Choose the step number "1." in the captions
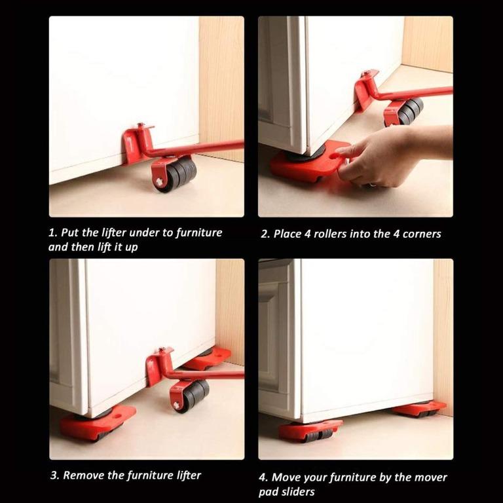click(52, 233)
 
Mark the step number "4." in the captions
click(263, 477)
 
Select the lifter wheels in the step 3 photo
click(191, 393)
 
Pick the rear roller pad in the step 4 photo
click(419, 409)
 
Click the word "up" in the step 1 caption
click(131, 248)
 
